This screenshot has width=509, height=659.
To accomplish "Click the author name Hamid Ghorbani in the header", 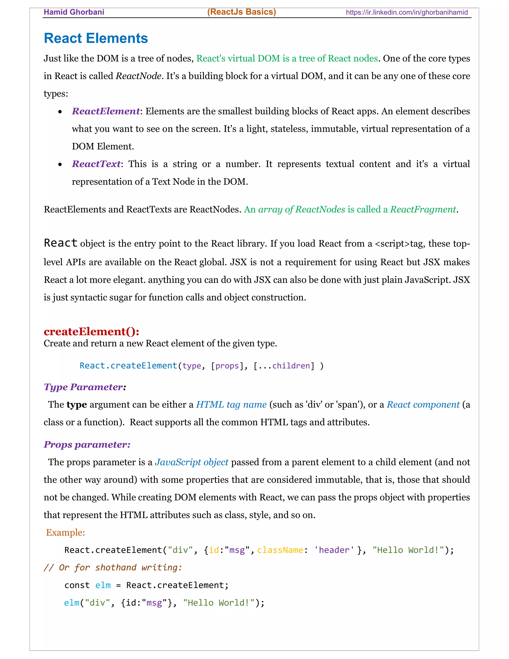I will (74, 12).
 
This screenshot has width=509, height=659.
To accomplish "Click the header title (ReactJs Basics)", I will (242, 12).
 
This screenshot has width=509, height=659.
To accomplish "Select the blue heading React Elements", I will (96, 38).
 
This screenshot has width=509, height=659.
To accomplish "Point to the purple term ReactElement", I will (106, 111).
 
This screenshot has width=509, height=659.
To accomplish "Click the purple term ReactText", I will (96, 164).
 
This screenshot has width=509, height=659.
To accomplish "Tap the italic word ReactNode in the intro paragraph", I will (138, 76).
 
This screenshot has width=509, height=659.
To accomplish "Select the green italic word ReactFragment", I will (423, 209).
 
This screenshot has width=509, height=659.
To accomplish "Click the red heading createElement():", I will (91, 331).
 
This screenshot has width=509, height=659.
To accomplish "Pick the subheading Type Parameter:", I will (85, 387).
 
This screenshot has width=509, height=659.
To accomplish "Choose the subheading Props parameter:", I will (87, 444).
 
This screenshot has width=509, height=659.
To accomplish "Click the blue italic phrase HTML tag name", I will (231, 405).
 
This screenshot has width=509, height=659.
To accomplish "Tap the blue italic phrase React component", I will (423, 405).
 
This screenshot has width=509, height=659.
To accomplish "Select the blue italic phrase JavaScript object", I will (191, 462).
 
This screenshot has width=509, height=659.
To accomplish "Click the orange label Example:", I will (65, 533).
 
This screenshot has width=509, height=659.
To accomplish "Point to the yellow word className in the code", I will (280, 550).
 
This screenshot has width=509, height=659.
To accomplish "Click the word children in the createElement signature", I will (291, 366).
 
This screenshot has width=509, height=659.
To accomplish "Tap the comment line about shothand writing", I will (113, 567).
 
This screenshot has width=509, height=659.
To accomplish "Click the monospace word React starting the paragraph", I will (61, 243).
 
